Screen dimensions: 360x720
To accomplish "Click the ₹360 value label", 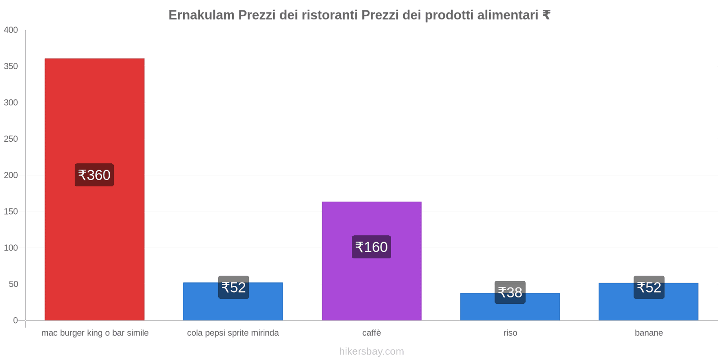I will (94, 175).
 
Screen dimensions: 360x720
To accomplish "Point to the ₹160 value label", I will (371, 247).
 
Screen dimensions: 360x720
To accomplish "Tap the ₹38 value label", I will (510, 292).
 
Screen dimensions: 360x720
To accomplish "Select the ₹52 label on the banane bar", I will (649, 287).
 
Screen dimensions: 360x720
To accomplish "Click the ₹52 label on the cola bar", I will (234, 287).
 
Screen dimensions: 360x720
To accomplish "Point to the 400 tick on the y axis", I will (11, 30).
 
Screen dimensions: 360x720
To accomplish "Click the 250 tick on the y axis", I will (11, 139).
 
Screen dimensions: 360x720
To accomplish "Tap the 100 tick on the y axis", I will (11, 248).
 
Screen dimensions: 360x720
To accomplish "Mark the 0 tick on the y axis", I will (15, 320).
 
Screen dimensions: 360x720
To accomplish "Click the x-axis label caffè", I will (371, 333).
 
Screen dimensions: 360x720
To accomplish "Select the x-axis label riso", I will (510, 333).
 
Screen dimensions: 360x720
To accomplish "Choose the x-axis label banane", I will (648, 333).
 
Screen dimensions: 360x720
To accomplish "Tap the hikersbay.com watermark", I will (371, 351).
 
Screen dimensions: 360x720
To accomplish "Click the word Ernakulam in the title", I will (201, 15).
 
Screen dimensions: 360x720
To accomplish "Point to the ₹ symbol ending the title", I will (546, 15).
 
